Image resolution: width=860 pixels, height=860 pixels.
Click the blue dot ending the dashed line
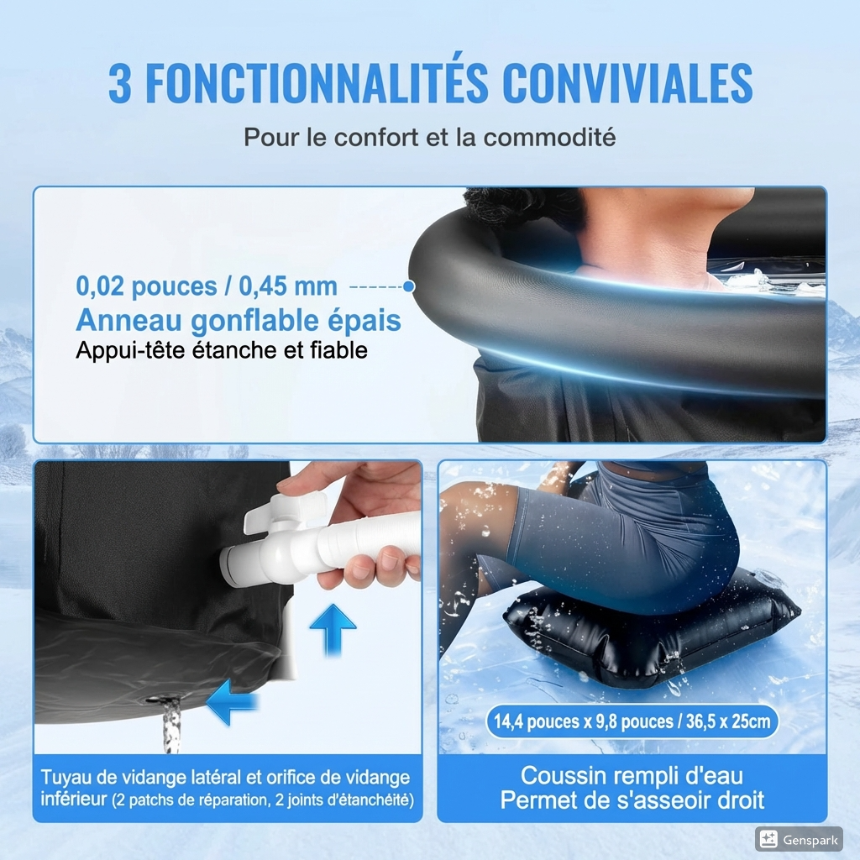click(409, 286)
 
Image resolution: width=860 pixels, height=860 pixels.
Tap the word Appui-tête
click(123, 349)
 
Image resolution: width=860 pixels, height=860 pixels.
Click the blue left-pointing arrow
click(228, 702)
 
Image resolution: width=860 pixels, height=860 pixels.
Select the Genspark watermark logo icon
click(767, 838)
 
